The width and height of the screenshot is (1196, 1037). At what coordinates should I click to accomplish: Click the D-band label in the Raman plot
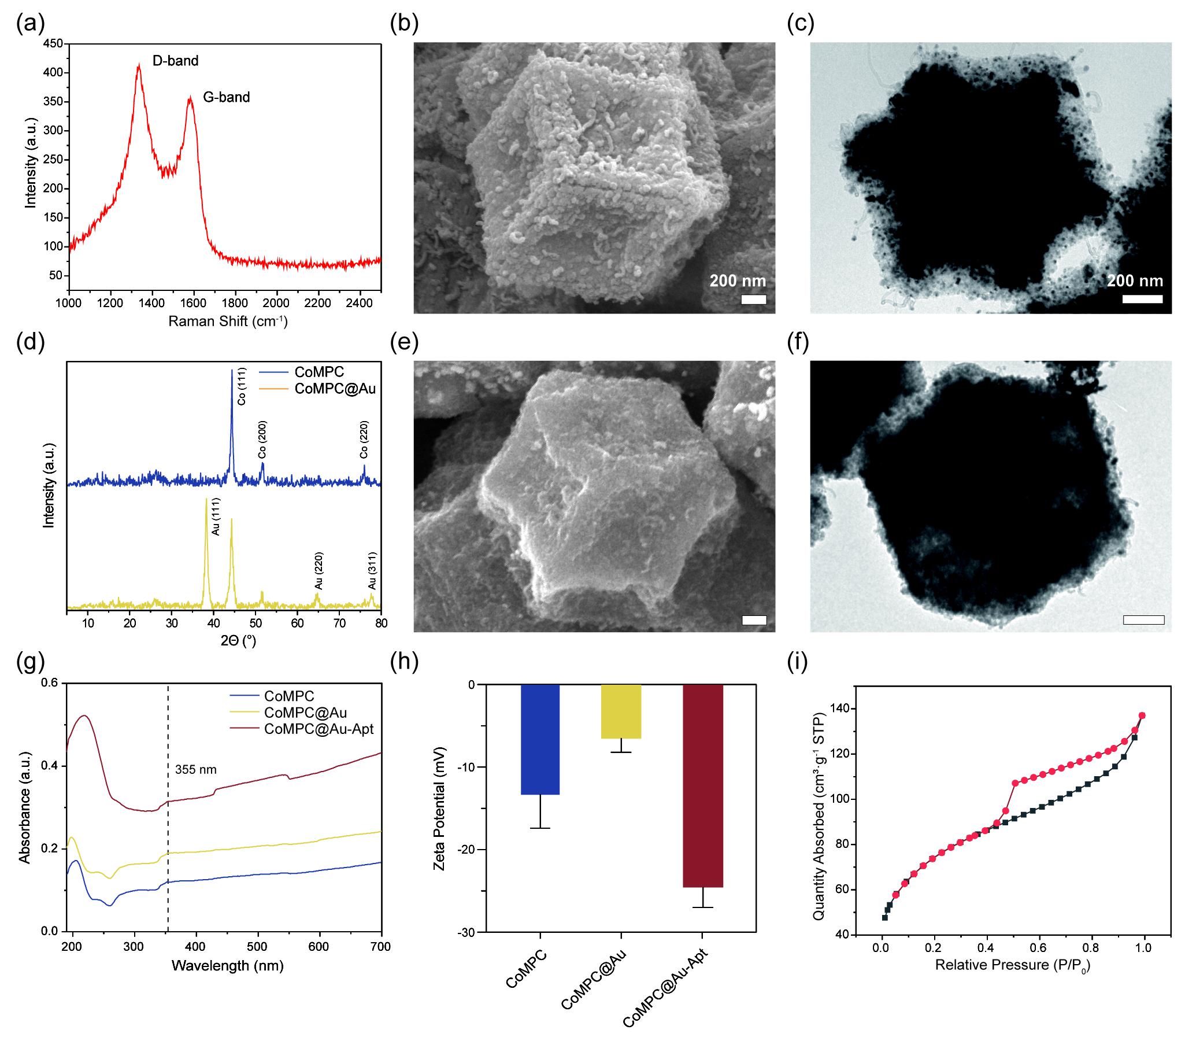(x=175, y=61)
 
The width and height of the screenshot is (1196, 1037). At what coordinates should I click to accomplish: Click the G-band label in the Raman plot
(x=226, y=97)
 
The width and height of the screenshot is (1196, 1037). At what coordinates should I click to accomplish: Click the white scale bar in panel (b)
(x=753, y=299)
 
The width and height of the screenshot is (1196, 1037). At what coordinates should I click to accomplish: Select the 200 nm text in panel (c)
(x=1135, y=281)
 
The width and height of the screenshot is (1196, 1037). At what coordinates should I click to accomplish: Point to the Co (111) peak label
(x=242, y=386)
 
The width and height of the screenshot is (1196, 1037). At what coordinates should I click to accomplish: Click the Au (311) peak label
(x=372, y=571)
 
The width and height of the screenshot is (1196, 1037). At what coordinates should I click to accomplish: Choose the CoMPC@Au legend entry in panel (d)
(x=335, y=388)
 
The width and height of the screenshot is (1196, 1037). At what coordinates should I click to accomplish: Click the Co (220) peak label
(x=364, y=440)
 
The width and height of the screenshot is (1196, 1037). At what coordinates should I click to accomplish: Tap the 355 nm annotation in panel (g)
(x=196, y=770)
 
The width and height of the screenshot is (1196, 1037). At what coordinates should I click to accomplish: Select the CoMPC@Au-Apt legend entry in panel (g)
(x=319, y=729)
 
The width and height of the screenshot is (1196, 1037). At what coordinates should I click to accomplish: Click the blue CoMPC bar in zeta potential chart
(x=539, y=740)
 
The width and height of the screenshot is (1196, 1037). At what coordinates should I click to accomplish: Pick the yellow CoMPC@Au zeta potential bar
(x=621, y=711)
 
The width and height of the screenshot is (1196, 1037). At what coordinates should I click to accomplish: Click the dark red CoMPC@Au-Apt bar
(x=703, y=786)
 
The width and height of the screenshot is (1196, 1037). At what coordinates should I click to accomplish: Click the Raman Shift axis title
(x=228, y=321)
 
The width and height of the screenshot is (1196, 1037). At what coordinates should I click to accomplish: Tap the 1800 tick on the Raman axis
(x=235, y=302)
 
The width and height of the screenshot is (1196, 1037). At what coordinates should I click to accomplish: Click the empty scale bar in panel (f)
(x=1143, y=620)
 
